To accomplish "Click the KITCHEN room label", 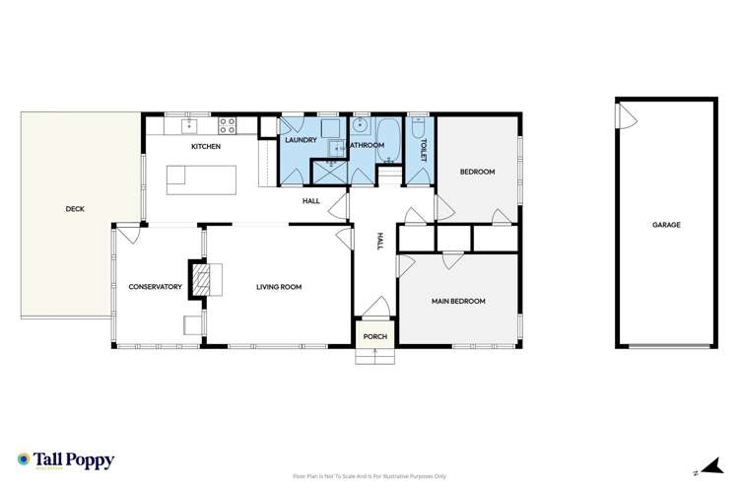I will click(x=206, y=147).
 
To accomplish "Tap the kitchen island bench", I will click(x=201, y=177).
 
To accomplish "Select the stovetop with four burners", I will click(x=227, y=125).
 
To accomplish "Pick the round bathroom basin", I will click(x=360, y=126).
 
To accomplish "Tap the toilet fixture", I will click(x=419, y=129).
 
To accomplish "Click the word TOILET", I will click(x=424, y=152).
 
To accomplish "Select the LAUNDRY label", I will click(x=301, y=140).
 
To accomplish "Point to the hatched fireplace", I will click(x=201, y=279).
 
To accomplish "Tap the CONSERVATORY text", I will click(x=156, y=287).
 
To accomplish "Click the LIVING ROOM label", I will click(x=279, y=287).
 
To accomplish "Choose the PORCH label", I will click(x=374, y=336).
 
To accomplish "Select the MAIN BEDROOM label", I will click(x=458, y=301).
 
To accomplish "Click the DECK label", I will click(x=74, y=208).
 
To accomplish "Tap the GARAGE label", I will click(x=666, y=225).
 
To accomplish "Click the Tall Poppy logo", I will click(x=66, y=460).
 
